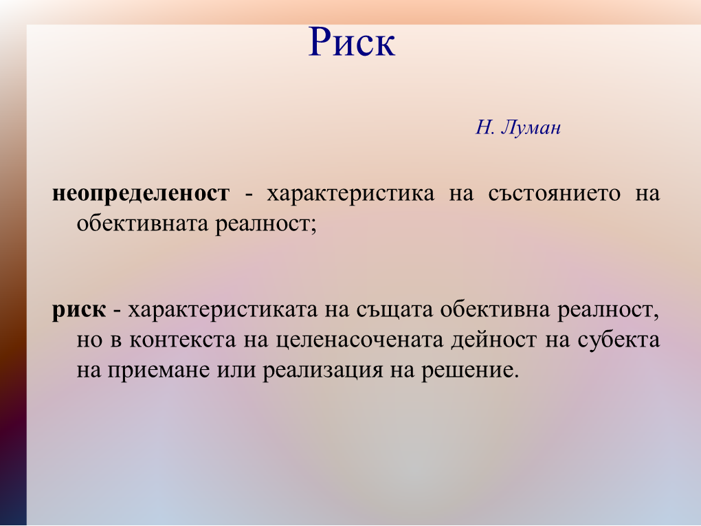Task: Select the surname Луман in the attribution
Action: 531,128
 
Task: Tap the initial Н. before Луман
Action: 485,128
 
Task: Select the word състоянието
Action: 555,194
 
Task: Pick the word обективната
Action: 143,223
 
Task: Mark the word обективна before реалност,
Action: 495,309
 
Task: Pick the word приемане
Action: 159,371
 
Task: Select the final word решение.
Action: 470,371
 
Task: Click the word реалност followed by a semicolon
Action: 266,223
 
